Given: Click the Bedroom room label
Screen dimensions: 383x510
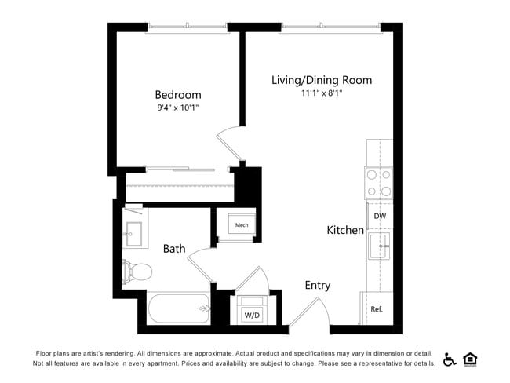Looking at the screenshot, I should coord(177,95).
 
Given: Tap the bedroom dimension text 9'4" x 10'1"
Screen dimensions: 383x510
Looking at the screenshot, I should coord(177,108).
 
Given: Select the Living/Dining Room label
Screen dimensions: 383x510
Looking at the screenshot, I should coord(322,80).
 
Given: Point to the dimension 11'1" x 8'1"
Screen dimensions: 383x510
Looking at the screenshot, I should coord(322,93).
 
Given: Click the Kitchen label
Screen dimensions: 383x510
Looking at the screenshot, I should coord(345,230).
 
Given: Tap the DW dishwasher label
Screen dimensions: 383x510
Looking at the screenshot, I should coord(379,216).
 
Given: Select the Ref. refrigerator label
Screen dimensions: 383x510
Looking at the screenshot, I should coord(377,308).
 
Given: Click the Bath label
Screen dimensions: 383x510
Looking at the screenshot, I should coord(174,249).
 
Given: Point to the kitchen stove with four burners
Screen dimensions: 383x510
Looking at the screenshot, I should coord(378,183).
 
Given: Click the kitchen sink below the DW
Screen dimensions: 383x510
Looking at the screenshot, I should coord(379,246).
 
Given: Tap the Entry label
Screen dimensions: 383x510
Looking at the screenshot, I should coord(318,286).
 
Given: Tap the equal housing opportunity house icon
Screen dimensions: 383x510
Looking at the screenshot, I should coord(471,359).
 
